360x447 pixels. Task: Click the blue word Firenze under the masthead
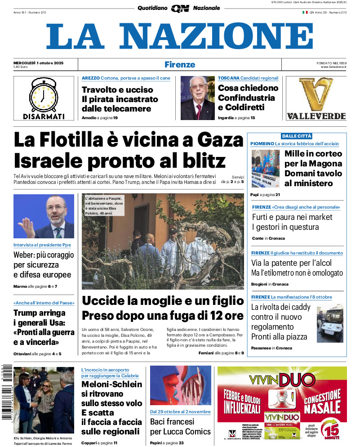coord(180,64)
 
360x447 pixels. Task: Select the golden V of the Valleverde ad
coord(316,94)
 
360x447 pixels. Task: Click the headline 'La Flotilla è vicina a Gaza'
coord(128,140)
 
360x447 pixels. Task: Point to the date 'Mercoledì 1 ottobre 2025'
coord(38,63)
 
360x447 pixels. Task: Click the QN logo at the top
coord(180,8)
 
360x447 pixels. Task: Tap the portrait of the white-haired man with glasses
coord(197,98)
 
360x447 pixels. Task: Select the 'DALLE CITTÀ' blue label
coord(297,136)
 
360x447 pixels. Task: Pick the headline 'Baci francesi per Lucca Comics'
coord(180,427)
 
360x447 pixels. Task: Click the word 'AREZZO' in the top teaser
coord(91,78)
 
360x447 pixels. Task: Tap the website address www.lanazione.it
coord(333,67)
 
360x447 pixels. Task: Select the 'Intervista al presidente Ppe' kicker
coord(42,245)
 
